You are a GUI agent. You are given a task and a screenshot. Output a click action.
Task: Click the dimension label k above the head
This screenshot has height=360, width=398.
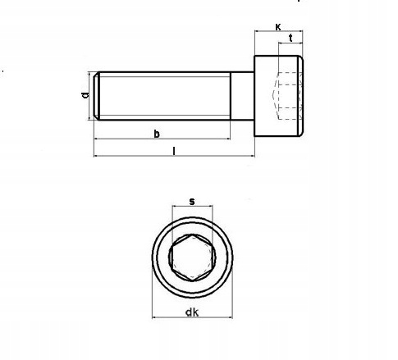click(277, 27)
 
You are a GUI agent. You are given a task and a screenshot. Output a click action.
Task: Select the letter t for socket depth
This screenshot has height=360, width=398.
click(291, 39)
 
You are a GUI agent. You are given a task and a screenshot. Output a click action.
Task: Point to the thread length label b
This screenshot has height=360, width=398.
click(157, 134)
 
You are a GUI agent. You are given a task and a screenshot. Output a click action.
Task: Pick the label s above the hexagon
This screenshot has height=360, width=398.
click(191, 200)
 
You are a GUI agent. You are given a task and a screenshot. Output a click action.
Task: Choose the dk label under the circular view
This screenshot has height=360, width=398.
click(191, 311)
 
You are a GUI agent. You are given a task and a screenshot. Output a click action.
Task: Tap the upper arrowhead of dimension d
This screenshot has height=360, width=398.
click(89, 75)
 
